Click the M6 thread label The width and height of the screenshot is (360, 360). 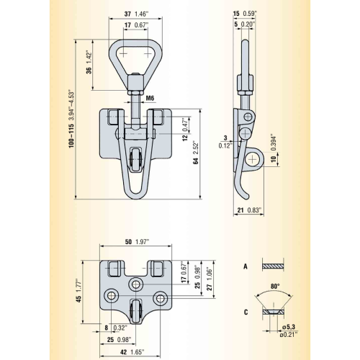(x=150, y=98)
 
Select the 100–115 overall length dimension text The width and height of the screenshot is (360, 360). (x=71, y=135)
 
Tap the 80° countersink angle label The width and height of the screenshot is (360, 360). (x=275, y=287)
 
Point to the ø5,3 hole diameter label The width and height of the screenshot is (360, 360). (x=289, y=327)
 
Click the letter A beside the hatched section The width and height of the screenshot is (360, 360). (x=246, y=266)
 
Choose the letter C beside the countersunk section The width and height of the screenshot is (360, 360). (x=246, y=312)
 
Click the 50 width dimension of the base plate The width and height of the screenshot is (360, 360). (x=128, y=242)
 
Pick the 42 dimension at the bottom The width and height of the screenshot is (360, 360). (x=123, y=352)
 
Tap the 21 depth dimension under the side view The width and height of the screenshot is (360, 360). (x=240, y=210)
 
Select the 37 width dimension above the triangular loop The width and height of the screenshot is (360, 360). (x=127, y=14)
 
